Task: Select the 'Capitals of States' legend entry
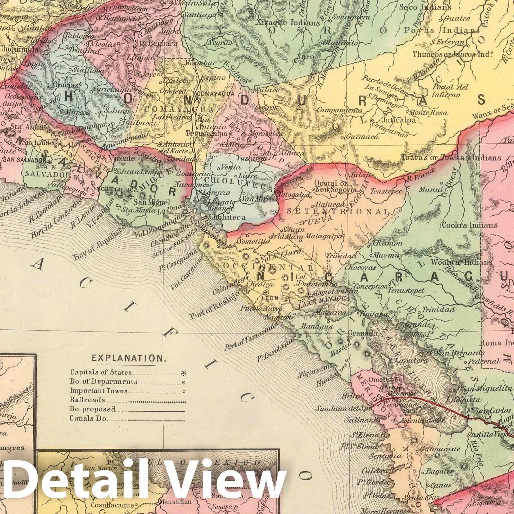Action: [101, 373]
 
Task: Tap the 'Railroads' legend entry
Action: [88, 400]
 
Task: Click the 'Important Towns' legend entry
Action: [99, 391]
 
